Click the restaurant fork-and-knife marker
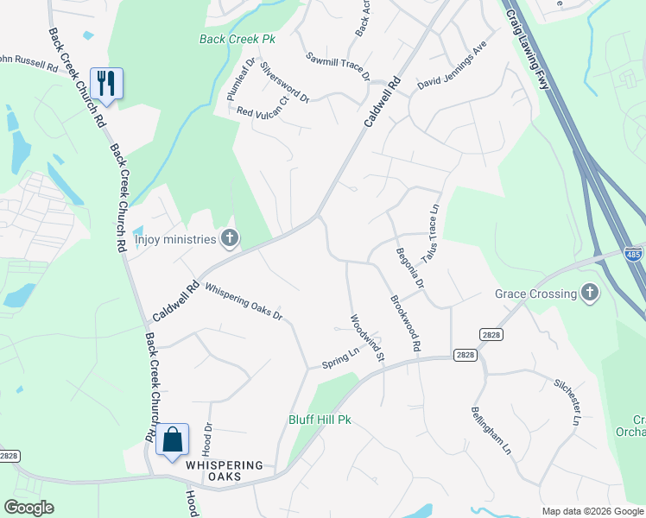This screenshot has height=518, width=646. [x=106, y=83]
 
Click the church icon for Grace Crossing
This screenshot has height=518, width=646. [x=589, y=294]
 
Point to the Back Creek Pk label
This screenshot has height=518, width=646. [x=237, y=39]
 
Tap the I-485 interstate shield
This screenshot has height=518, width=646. [x=635, y=255]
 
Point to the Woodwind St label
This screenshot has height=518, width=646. [x=366, y=338]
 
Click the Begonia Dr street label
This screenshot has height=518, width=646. [x=410, y=268]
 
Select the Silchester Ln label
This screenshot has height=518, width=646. [x=567, y=401]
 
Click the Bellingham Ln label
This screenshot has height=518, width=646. [x=491, y=432]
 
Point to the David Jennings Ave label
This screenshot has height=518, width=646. [x=453, y=69]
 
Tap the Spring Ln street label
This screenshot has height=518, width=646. [x=340, y=356]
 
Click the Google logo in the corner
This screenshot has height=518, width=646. [x=28, y=508]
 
